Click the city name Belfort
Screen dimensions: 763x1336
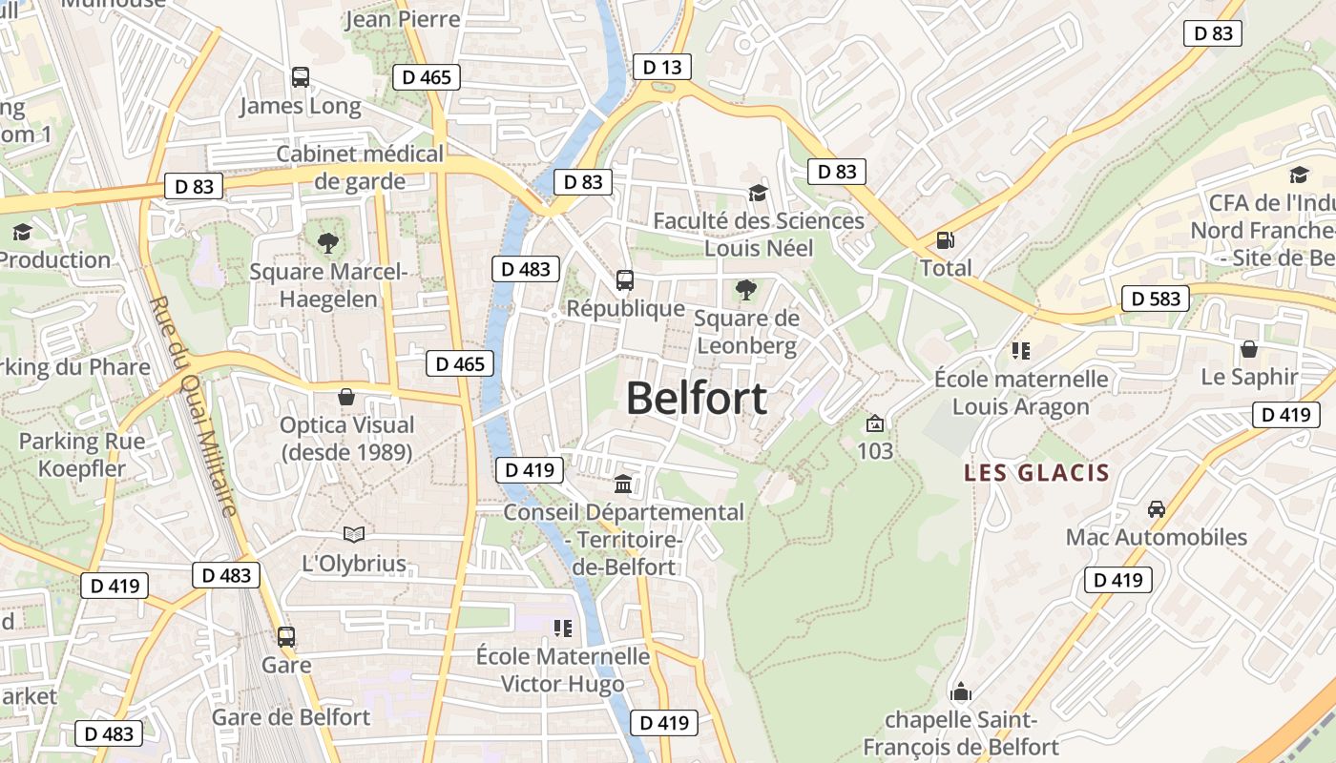[696, 398]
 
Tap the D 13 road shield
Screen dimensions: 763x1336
[662, 67]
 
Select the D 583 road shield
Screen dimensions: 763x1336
[1157, 299]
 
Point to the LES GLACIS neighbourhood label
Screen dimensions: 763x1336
[1036, 472]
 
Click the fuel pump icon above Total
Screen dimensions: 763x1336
[946, 241]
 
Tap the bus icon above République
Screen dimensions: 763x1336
[625, 280]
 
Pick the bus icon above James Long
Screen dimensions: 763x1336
[301, 77]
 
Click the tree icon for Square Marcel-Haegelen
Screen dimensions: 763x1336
[328, 243]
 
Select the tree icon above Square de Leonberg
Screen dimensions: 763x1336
[746, 289]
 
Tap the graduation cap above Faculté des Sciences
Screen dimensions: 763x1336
[758, 194]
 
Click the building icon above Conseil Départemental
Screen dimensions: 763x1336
[623, 485]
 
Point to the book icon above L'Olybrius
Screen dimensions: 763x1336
[354, 534]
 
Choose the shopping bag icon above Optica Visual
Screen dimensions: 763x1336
[346, 397]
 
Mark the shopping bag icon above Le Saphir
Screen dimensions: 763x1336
[1248, 349]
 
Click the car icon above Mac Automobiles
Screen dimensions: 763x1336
[1157, 509]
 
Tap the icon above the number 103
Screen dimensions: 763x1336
[874, 423]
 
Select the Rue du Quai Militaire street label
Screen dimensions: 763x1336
[193, 406]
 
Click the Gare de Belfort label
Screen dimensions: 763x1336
[291, 717]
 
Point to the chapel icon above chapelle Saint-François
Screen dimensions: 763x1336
[961, 691]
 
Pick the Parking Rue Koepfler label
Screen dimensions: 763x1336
[83, 455]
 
